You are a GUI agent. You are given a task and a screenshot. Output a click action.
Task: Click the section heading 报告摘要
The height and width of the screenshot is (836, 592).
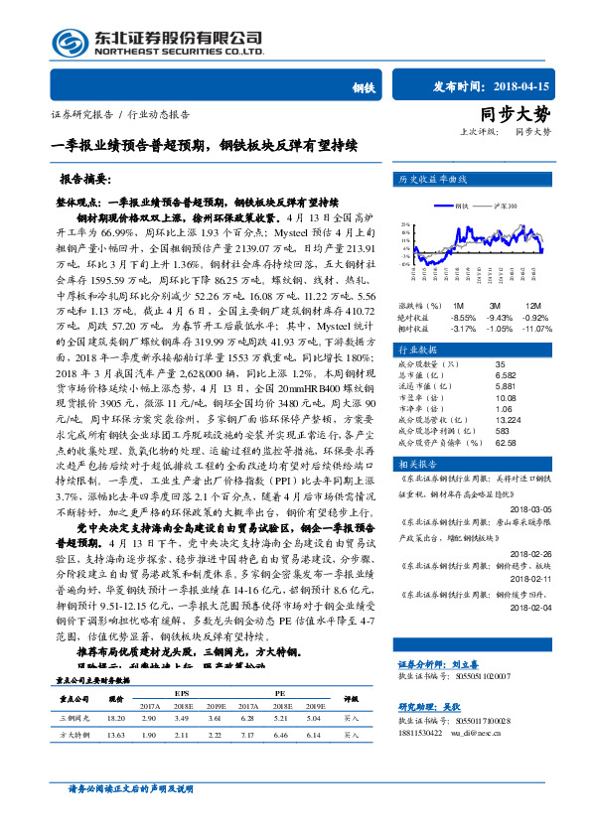(x=84, y=181)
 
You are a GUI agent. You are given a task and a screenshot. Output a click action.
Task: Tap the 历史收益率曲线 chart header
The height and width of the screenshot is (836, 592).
(x=433, y=181)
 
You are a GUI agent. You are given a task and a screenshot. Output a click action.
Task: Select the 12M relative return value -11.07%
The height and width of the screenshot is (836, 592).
(x=537, y=328)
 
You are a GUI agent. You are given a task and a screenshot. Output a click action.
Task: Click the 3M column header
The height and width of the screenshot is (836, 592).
(x=494, y=306)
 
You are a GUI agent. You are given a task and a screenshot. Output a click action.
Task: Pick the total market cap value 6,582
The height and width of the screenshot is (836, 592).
(x=504, y=375)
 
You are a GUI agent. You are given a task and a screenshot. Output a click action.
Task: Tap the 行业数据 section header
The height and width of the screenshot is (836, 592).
(x=419, y=350)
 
